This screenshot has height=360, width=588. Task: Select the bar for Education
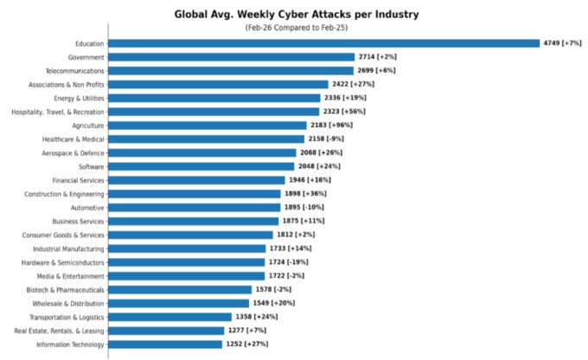(323, 43)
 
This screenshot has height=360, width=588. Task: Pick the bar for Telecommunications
(231, 71)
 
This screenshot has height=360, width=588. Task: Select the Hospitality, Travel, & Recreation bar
(214, 112)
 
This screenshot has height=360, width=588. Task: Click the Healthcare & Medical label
(73, 139)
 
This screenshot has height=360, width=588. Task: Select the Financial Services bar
(196, 180)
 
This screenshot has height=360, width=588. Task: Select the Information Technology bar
(165, 344)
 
